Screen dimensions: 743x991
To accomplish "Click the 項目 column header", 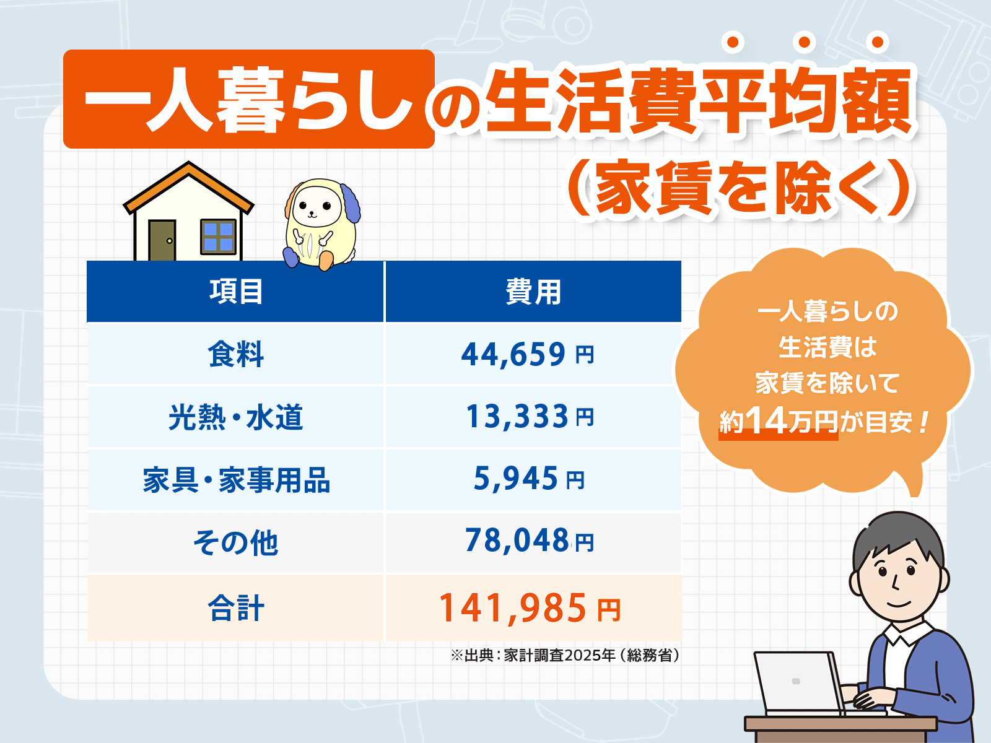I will coord(235,292).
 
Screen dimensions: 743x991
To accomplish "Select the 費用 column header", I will coord(533,292).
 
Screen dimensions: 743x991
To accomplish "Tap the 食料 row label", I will coord(235,354).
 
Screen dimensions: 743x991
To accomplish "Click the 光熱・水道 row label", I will coord(235,417).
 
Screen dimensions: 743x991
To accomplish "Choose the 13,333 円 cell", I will coord(530,417).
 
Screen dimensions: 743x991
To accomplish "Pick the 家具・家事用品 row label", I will coord(235,480).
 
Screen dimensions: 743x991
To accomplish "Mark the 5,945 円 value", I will coord(528,479).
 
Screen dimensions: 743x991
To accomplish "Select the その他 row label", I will coord(235,542).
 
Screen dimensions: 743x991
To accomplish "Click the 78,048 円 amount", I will coord(530,541).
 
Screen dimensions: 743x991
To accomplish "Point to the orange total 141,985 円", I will coord(530,608).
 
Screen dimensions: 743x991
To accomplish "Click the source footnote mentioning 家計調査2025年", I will coord(565,655).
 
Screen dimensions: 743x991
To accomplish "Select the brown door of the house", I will coord(162,240).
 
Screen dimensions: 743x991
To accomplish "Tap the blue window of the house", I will coord(218,237).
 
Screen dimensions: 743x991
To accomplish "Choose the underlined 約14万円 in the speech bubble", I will coord(778,422).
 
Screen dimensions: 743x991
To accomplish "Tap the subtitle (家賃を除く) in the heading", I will coord(740,188).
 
